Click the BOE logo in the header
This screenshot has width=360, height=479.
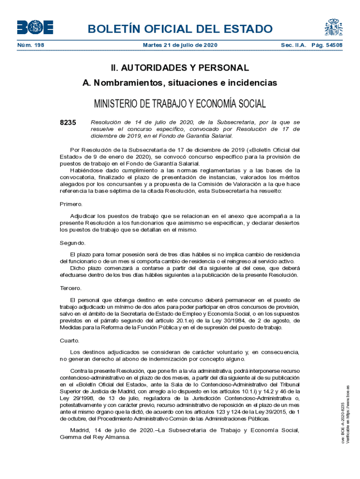[35, 28]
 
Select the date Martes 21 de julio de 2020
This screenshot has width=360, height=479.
[180, 45]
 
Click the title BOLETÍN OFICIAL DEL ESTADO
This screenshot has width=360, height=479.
[180, 29]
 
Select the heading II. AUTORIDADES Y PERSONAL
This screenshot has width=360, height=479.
[180, 68]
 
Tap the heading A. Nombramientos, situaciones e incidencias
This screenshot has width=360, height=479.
[180, 83]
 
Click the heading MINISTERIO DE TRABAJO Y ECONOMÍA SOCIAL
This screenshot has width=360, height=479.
[180, 103]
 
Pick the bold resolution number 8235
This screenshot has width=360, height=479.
[68, 123]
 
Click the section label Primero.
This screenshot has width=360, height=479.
[72, 204]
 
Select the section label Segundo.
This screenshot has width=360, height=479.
[72, 243]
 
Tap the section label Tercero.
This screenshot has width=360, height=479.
[71, 288]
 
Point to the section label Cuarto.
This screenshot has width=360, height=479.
[70, 341]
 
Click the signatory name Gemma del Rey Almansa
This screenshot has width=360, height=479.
[95, 437]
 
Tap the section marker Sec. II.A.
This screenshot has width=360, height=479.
[293, 45]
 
